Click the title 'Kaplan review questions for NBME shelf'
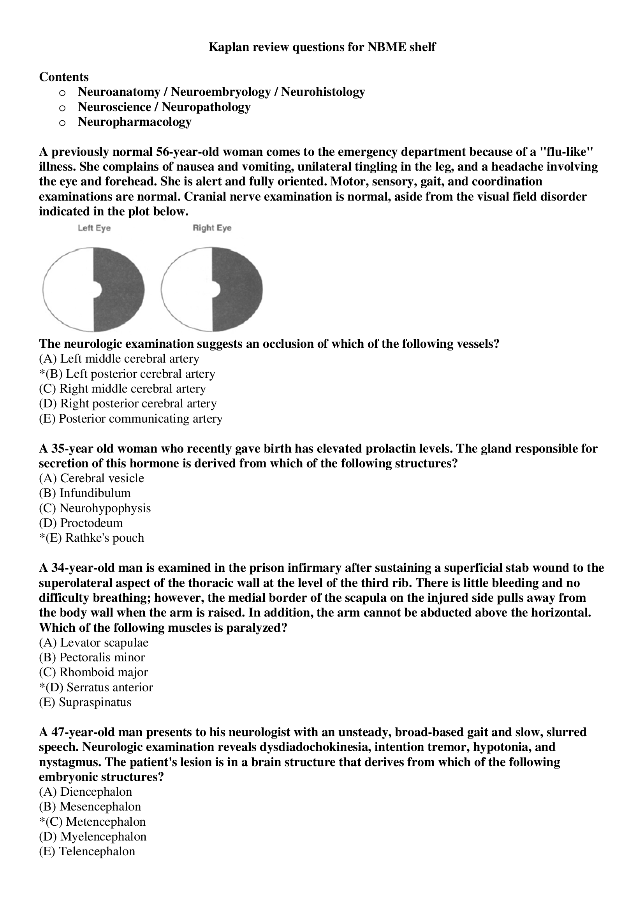tap(322, 47)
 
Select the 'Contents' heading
tap(64, 77)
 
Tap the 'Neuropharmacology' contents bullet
tap(134, 122)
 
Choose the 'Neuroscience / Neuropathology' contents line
tap(164, 107)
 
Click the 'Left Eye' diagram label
tap(94, 228)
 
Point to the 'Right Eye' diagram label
tap(212, 228)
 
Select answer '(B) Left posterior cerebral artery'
tap(127, 374)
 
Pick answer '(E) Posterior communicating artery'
tap(130, 419)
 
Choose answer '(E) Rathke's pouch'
tap(91, 538)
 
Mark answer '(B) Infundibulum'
tap(84, 493)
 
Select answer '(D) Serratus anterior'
tap(96, 687)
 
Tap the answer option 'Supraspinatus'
tap(95, 702)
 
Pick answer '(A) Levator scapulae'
tap(93, 642)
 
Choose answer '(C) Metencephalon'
tap(92, 822)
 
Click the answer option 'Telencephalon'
tap(97, 851)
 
